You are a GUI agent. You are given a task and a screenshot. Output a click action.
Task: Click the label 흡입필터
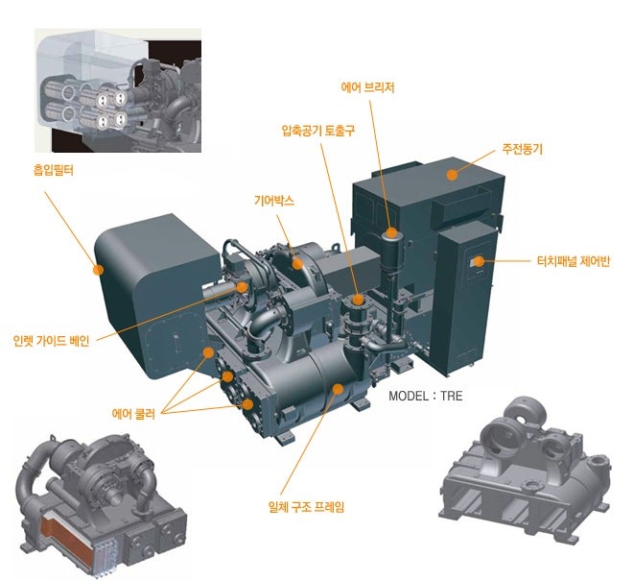coord(54,170)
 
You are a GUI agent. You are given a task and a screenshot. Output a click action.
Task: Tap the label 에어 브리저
coord(367,87)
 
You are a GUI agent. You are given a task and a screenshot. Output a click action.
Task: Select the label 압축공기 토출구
coord(318,131)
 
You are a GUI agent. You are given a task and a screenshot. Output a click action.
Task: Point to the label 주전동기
coord(523,149)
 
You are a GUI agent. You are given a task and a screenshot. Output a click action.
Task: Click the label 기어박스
coord(274,201)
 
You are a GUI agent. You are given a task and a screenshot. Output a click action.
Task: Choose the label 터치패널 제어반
coord(574,261)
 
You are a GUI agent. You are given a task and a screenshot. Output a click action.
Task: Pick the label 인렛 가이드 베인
coord(51,341)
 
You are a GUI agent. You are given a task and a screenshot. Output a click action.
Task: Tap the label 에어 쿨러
coord(133,414)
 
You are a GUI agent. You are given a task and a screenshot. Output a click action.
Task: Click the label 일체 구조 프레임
coord(306,507)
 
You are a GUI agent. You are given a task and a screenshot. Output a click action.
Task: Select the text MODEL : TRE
coord(426,396)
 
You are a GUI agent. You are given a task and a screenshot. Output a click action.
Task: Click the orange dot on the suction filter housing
coord(98,269)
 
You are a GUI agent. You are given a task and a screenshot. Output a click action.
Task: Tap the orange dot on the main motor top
coord(452,175)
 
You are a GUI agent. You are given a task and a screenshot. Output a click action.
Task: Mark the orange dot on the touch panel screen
coord(479,261)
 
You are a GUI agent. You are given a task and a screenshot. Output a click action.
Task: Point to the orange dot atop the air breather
coord(390,232)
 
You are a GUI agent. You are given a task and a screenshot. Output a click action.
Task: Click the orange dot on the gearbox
coord(297,264)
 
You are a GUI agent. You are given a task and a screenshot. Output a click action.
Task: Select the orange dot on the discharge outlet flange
coord(358,300)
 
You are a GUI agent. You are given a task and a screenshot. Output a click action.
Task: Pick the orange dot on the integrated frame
coord(338,389)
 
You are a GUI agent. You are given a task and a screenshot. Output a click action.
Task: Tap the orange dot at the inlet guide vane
coord(242,287)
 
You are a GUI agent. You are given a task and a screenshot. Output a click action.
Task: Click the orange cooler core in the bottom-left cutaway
coord(69,542)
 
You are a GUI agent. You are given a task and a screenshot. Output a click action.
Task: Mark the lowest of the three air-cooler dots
coord(247,404)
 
